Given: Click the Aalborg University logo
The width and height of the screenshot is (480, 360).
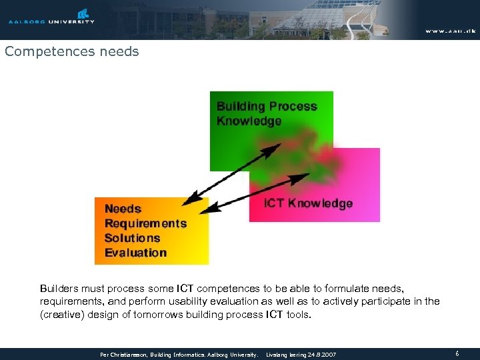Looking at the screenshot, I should (x=51, y=17).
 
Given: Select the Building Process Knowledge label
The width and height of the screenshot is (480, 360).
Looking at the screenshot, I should (x=267, y=113).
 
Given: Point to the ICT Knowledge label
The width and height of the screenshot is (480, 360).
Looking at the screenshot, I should (x=308, y=203).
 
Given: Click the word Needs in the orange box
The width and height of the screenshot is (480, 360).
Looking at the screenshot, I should (x=123, y=209).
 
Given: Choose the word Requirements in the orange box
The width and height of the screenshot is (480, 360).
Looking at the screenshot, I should (x=145, y=223).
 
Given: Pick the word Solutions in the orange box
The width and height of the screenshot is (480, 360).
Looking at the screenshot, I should (x=132, y=238).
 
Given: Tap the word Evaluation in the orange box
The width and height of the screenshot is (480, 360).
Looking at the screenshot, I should (x=135, y=253).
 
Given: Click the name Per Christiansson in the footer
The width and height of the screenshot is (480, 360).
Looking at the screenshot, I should (x=124, y=355).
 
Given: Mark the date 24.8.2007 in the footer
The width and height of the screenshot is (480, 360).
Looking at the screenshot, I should (x=322, y=355).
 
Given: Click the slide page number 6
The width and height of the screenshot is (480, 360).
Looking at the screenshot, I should (x=457, y=354).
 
